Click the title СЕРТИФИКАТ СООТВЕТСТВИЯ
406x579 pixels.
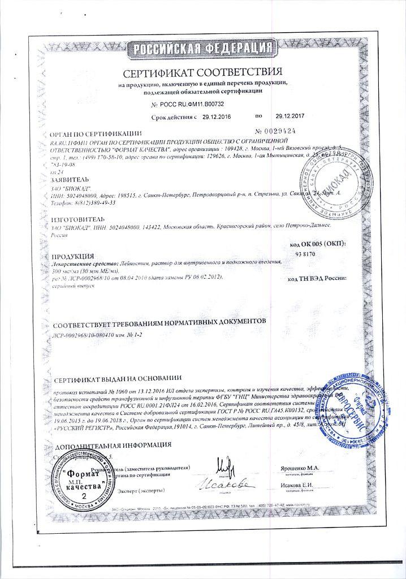coord(202,73)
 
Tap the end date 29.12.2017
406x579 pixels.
coord(290,117)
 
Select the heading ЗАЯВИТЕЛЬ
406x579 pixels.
coord(70,179)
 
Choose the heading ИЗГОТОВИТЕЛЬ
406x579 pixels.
coord(77,218)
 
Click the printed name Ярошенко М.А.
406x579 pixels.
coord(300,469)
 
